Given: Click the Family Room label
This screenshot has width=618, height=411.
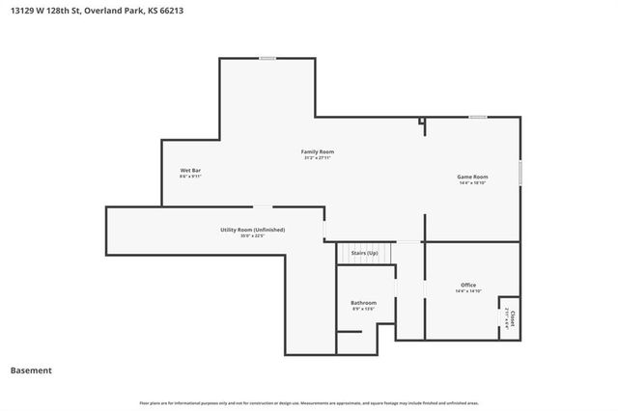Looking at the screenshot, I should coord(318,151).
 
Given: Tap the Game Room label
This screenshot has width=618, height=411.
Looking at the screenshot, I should coord(472,177).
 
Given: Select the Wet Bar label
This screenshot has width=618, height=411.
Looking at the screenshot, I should coord(190,171).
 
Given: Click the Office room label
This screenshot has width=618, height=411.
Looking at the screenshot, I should coord(468,285).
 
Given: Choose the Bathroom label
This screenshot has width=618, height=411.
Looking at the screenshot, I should coord(363,303).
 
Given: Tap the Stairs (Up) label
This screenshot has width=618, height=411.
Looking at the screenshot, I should coord(364,252).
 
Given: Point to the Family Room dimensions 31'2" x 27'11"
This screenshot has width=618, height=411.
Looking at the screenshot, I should coord(318,157).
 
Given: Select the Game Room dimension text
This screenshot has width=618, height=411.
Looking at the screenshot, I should coord(472,182).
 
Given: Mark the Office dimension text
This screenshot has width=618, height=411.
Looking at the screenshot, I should coord(468,290).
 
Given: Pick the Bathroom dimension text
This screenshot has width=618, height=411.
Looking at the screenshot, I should coord(363,309).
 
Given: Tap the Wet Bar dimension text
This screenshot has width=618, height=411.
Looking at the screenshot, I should coord(190,177).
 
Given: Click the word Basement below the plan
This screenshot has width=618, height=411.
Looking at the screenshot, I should coord(31,370).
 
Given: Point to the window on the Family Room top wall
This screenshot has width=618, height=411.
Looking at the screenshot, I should coord(267,59).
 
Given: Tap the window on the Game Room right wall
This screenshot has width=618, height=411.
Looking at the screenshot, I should coord(520,172).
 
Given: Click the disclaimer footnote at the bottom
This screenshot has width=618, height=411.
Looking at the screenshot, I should coord(309,402).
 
